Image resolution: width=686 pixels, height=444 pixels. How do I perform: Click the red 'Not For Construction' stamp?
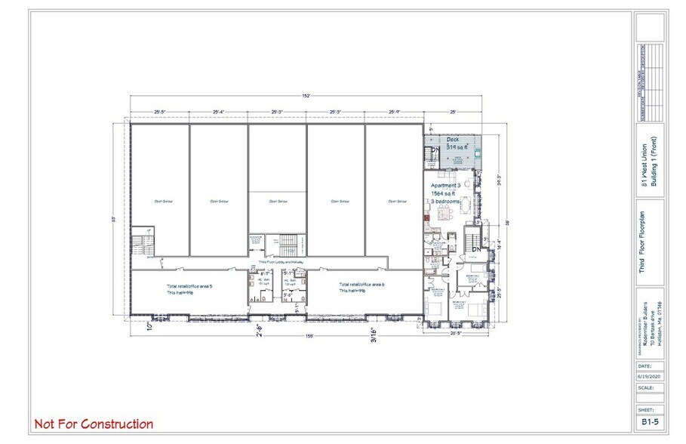[94, 424]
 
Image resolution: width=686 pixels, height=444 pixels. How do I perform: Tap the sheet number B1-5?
[650, 423]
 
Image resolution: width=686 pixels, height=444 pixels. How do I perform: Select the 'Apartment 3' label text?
[445, 185]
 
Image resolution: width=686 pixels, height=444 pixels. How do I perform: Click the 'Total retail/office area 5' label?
[189, 287]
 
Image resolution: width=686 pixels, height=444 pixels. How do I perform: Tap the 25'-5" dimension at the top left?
[158, 112]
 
